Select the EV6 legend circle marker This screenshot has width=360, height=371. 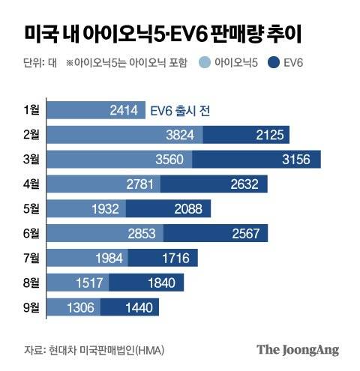click(260, 64)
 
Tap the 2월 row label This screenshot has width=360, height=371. click(32, 135)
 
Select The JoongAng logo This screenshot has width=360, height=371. click(298, 349)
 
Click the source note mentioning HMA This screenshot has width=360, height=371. click(94, 350)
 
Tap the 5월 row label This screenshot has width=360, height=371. click(32, 208)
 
